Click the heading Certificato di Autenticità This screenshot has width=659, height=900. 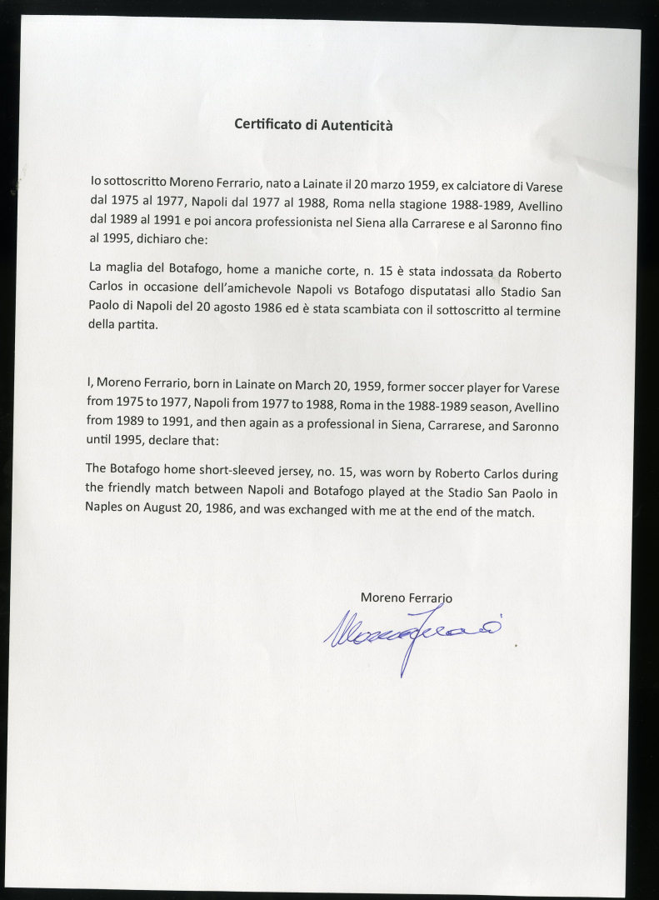tap(313, 126)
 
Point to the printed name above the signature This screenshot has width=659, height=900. tap(406, 597)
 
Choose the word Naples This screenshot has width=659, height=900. tap(105, 508)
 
